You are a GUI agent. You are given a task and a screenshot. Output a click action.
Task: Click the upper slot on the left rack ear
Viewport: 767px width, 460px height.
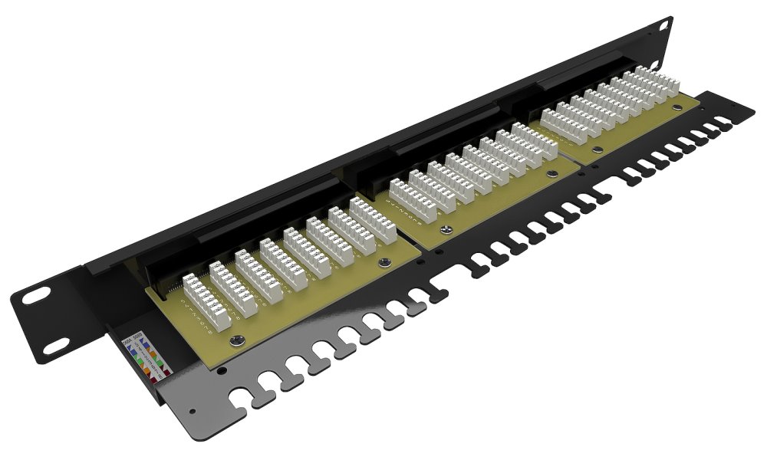click(x=35, y=295)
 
